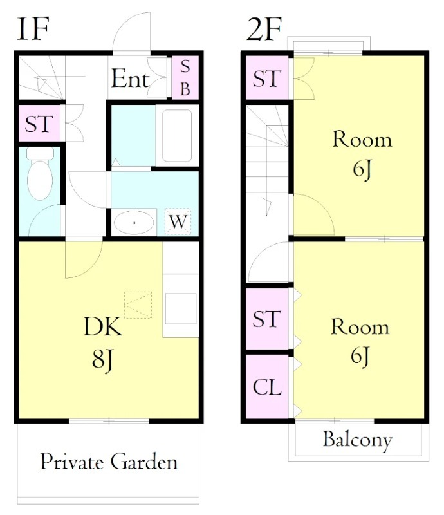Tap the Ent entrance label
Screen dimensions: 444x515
point(131,79)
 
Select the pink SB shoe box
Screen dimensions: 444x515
point(185,77)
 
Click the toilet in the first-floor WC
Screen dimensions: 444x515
point(40,173)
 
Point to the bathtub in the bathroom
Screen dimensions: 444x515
point(177,136)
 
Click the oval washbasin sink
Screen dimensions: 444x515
point(134,223)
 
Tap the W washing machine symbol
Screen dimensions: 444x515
point(178,221)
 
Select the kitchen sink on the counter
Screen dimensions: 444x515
point(181,309)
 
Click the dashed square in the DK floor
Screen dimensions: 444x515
point(138,304)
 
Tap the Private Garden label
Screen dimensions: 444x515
point(109,462)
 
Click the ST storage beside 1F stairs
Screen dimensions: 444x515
point(39,124)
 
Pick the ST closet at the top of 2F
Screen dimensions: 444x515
point(267,77)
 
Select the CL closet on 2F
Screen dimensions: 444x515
point(267,387)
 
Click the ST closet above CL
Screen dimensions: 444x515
point(267,319)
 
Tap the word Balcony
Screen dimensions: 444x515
point(358,440)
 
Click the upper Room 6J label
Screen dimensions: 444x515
point(362,154)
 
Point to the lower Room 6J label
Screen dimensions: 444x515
point(360,341)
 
